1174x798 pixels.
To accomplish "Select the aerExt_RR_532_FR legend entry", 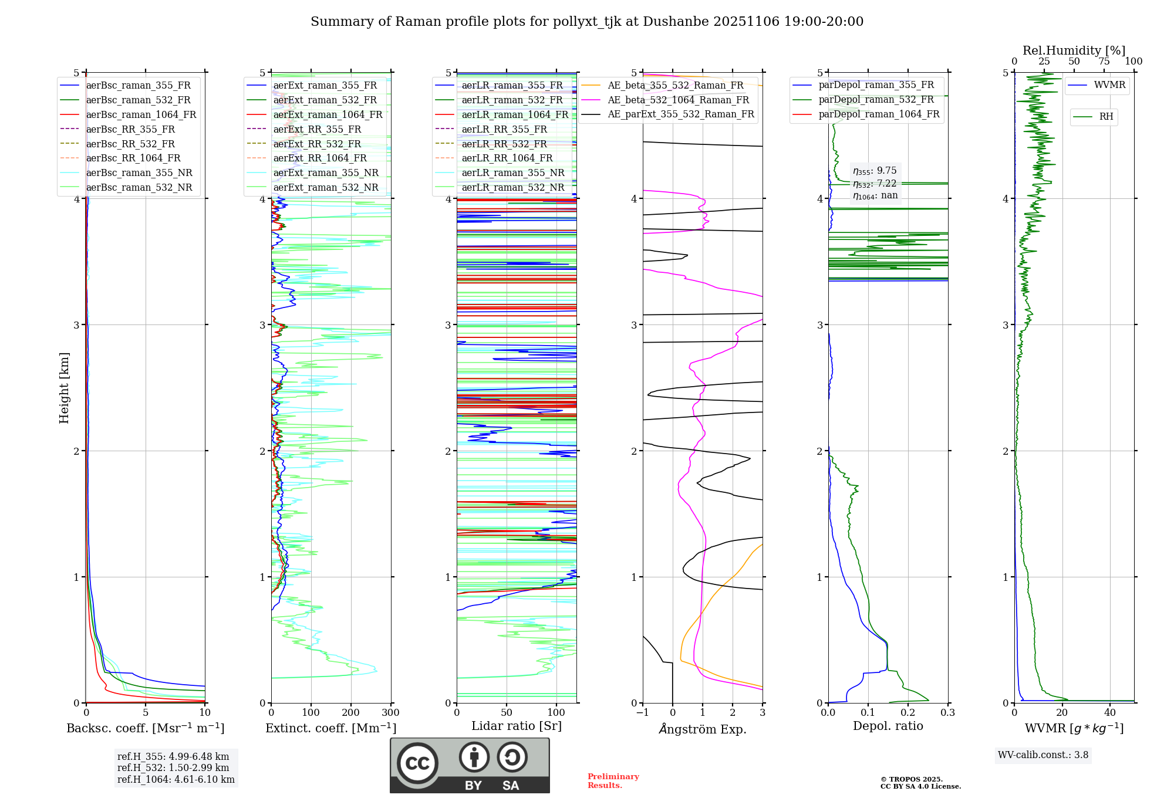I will point(317,144).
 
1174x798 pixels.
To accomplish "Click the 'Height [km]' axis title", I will point(64,388).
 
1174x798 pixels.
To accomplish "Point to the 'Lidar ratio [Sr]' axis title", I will point(516,726).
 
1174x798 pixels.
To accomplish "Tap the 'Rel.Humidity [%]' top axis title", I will point(1074,50).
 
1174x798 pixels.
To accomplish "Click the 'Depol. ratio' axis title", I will point(888,726).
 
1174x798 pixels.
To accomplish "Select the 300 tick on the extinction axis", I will point(391,713).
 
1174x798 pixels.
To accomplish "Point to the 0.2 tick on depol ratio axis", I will point(908,713).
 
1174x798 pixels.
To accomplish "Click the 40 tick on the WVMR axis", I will point(1110,713).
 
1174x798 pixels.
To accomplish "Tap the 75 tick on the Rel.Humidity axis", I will point(1104,62).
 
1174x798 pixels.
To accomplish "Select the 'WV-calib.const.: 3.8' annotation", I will point(1043,755).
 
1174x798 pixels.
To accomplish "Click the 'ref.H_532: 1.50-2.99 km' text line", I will point(173,768).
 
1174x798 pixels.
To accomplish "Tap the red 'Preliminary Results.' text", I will point(613,781).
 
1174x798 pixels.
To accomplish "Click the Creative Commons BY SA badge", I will point(470,766).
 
